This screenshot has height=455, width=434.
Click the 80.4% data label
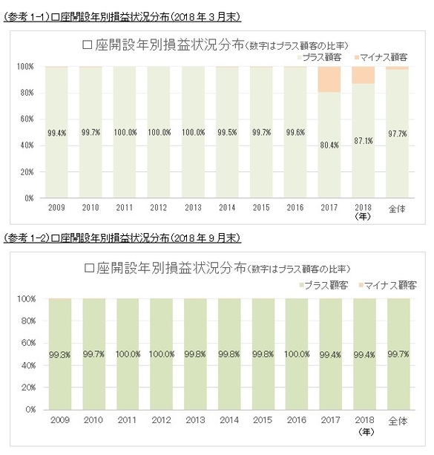(329, 145)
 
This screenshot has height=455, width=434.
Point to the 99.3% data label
(59, 353)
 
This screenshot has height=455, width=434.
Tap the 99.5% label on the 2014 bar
(227, 133)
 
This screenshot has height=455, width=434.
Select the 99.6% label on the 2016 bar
(295, 133)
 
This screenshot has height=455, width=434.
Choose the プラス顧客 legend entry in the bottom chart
(323, 284)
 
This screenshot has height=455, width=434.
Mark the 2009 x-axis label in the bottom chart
(59, 421)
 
